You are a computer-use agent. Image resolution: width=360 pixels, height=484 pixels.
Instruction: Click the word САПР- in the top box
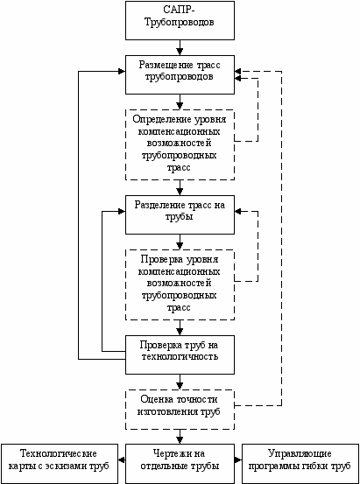[x=180, y=10]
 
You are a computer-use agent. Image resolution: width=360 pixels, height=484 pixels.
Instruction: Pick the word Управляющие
[x=300, y=453]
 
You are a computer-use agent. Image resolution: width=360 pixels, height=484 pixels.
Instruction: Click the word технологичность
[x=180, y=356]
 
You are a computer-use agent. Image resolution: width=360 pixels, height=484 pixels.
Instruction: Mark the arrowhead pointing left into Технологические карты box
[x=122, y=459]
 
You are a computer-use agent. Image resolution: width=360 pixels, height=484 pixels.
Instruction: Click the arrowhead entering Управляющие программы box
[x=238, y=459]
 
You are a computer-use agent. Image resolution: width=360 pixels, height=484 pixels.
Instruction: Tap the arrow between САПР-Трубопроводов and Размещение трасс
[x=180, y=47]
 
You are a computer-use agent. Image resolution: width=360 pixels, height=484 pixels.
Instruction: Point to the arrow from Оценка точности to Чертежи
[x=180, y=437]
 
